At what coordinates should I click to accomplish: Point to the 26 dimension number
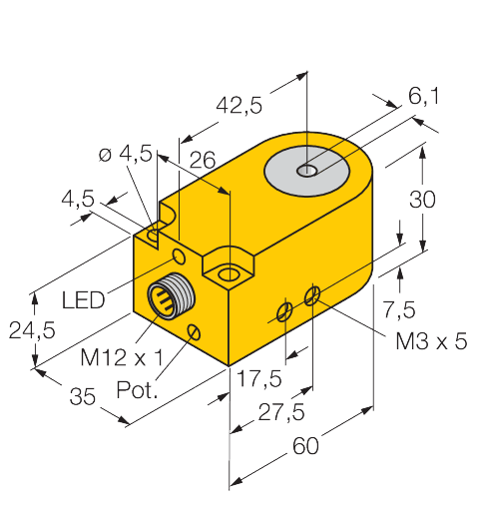[x=204, y=161]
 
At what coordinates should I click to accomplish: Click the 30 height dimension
[x=423, y=199]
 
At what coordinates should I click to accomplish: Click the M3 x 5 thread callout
[x=432, y=340]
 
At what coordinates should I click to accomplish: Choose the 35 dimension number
[x=83, y=396]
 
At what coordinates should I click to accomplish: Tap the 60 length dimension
[x=304, y=446]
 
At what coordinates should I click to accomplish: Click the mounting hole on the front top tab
[x=230, y=271]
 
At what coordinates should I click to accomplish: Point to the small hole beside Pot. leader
[x=194, y=330]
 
